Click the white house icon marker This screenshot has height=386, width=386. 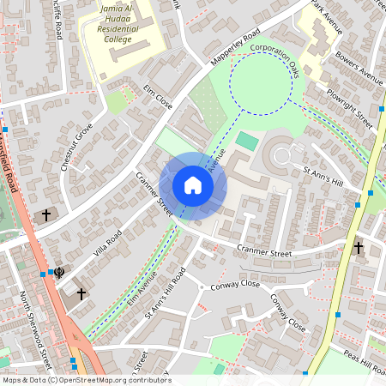click(x=193, y=184)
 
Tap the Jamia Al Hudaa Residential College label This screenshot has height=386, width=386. click(x=118, y=22)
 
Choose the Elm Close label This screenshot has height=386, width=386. click(x=158, y=98)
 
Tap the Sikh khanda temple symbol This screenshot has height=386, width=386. click(x=58, y=274)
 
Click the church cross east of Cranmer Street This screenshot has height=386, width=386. click(x=359, y=248)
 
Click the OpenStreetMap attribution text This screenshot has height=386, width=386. click(x=86, y=380)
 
